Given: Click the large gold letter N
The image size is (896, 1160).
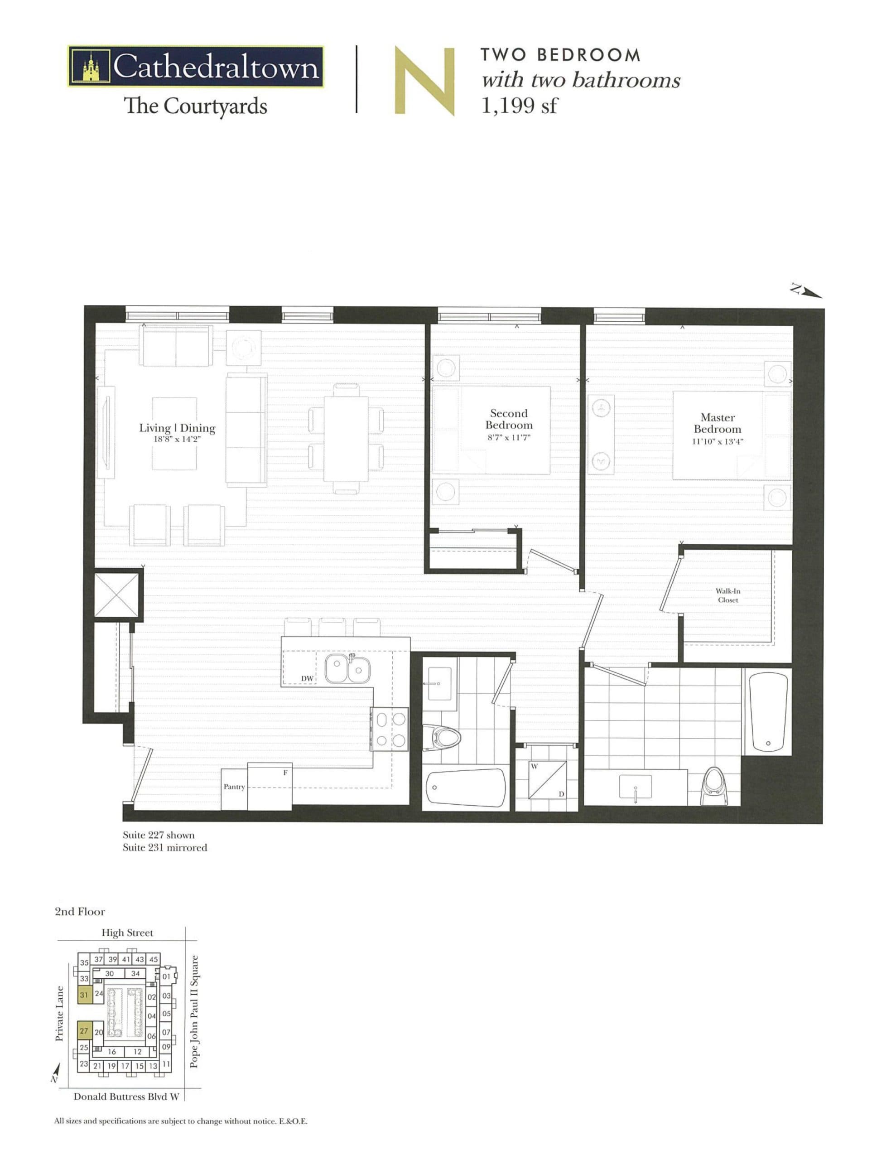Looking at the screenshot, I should coord(424,81).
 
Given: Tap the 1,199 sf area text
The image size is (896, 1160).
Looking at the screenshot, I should coord(519,106).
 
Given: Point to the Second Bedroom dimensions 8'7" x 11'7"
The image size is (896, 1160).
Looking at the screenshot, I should coord(509,438).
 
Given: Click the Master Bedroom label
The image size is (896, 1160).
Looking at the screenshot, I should coord(717,423).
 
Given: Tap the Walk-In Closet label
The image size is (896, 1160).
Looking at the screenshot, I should coord(727,595).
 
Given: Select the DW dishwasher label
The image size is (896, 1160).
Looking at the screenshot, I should coord(307,678).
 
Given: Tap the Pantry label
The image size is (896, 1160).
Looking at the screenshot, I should coord(234,787).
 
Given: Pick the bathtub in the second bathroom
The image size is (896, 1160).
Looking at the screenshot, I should coord(466,787).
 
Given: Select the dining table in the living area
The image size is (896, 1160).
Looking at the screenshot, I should coord(346,439).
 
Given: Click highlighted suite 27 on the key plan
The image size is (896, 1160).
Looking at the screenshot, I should coord(84,1031).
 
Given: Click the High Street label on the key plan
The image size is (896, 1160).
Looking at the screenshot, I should coord(127,933).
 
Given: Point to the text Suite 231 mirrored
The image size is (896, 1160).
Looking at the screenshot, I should coord(164,848).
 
